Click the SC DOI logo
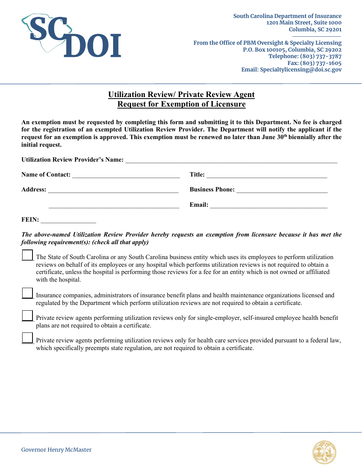[x=71, y=36]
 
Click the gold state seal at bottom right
[x=324, y=452]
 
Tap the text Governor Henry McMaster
[x=56, y=450]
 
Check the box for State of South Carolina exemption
[x=27, y=255]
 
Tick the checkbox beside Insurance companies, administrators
[x=27, y=293]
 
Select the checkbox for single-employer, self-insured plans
[x=27, y=316]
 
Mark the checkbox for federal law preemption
[x=27, y=338]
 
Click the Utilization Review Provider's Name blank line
[x=231, y=160]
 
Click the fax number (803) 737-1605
[x=321, y=63]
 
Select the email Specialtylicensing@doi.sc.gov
[x=300, y=70]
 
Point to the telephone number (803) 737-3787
[x=321, y=56]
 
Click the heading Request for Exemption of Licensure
[x=181, y=104]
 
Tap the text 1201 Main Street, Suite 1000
[x=304, y=23]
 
